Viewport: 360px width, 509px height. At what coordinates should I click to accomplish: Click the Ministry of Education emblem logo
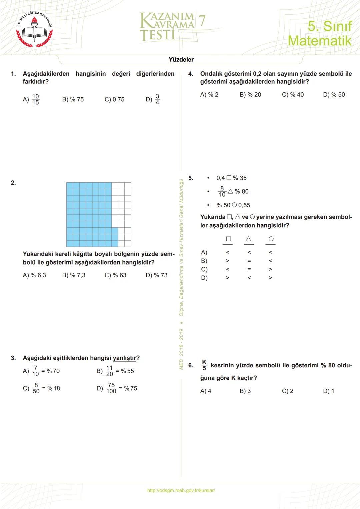[x=35, y=29]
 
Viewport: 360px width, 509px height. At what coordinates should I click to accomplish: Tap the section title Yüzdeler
[x=181, y=60]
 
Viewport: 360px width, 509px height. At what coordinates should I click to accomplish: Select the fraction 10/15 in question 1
[x=36, y=99]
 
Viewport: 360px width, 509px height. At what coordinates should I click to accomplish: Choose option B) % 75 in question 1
[x=73, y=99]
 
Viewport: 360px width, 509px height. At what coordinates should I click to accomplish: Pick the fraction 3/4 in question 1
[x=157, y=99]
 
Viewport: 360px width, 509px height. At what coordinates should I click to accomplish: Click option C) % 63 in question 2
[x=115, y=275]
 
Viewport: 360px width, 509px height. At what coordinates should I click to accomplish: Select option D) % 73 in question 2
[x=156, y=275]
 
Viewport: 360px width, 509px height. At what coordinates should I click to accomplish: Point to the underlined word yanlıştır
[x=125, y=358]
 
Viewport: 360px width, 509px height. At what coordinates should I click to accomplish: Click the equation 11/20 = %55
[x=120, y=371]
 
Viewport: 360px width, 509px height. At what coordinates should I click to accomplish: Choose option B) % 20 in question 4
[x=250, y=95]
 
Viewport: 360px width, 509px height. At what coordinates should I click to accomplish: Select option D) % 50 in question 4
[x=334, y=95]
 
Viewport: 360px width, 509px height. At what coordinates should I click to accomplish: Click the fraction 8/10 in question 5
[x=222, y=192]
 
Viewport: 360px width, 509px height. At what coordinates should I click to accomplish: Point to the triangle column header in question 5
[x=248, y=239]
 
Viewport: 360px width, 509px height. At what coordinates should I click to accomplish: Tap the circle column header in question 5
[x=271, y=239]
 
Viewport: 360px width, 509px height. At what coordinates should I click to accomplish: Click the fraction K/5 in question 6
[x=204, y=365]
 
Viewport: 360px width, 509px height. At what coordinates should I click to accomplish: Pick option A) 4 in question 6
[x=206, y=391]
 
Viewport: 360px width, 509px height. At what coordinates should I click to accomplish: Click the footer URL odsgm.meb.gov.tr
[x=181, y=490]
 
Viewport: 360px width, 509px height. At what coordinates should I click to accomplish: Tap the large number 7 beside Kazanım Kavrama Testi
[x=202, y=21]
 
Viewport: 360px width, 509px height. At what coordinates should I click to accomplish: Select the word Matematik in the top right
[x=320, y=41]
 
